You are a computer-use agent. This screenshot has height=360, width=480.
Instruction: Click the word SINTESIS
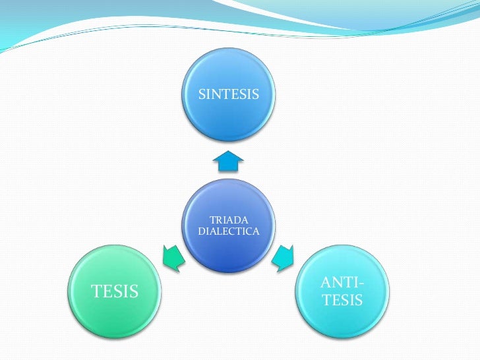point(228,95)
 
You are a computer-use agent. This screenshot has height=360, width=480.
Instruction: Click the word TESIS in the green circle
point(115,291)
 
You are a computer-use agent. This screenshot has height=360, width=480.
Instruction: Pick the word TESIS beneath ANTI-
point(342,300)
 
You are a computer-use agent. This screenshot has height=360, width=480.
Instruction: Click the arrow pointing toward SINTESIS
point(228,160)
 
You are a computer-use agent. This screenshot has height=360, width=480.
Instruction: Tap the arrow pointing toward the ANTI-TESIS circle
point(284,257)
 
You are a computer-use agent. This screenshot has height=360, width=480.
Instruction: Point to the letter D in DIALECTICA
point(200,231)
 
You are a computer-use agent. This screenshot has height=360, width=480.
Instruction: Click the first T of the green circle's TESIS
point(95,291)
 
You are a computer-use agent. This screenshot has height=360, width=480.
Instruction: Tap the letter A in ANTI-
point(326,284)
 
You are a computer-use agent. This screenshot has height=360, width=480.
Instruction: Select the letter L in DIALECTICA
point(215,231)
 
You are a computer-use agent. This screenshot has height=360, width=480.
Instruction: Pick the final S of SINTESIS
point(255,95)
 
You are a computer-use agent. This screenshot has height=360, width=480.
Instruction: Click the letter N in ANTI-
point(338,284)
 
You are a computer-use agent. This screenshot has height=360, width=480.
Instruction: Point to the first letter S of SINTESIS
point(202,95)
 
